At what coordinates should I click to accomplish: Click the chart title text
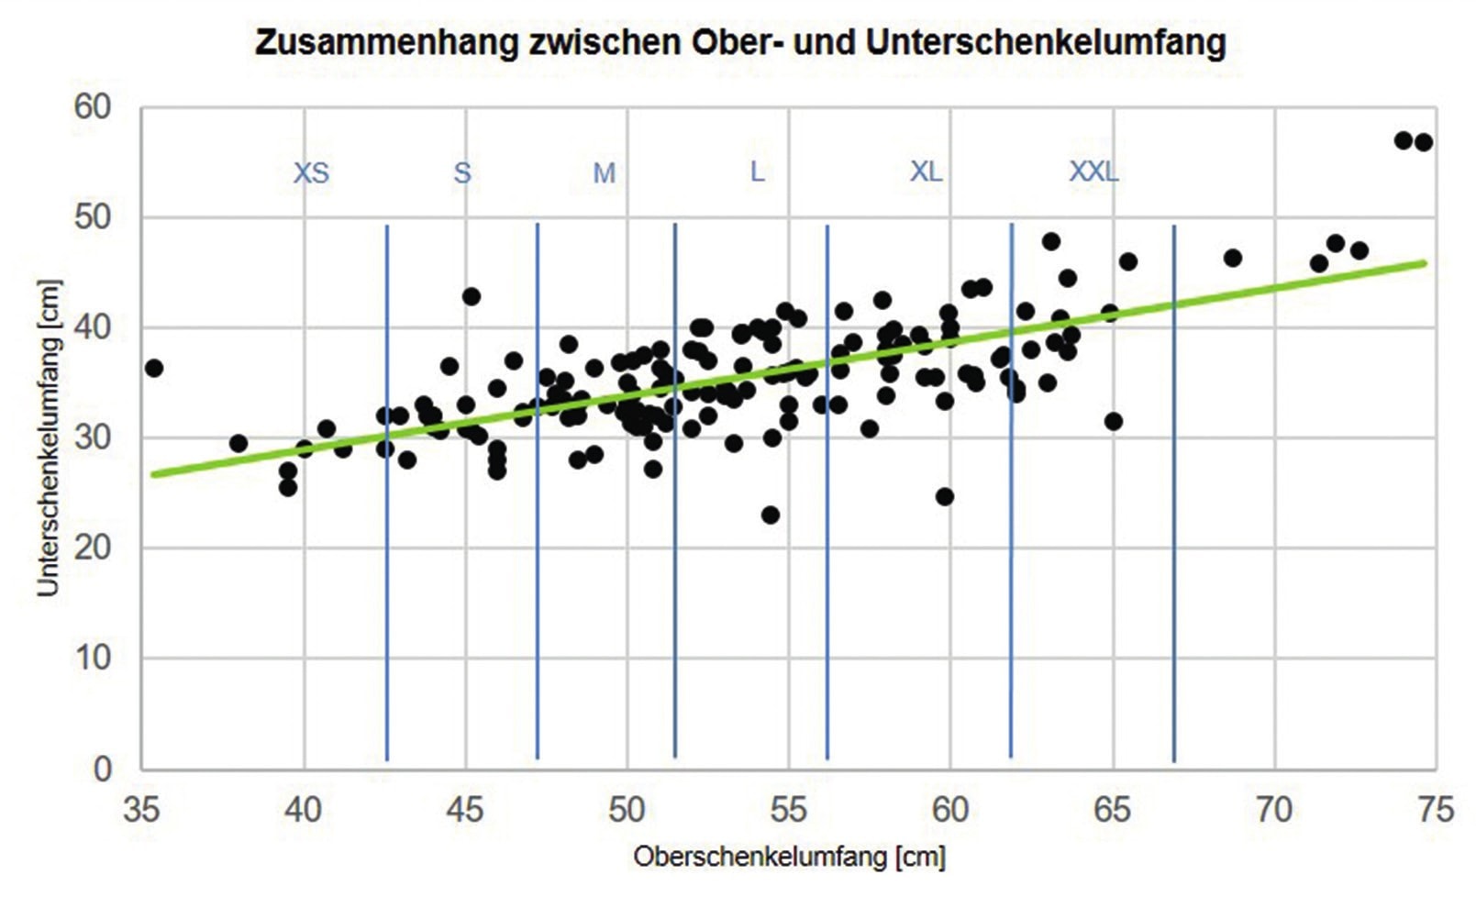[739, 43]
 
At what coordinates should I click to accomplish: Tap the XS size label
[311, 173]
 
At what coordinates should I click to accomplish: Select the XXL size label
[1093, 172]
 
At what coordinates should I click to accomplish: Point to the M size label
[604, 172]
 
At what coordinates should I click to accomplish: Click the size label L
[757, 172]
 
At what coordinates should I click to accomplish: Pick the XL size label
[926, 172]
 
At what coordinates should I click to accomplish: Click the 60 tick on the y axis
[93, 107]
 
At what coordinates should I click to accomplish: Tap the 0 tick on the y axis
[103, 769]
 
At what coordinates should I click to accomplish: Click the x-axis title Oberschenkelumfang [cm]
[789, 857]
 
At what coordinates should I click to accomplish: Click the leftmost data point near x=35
[154, 368]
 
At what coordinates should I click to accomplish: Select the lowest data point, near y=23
[771, 515]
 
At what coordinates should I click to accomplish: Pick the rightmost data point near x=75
[1424, 142]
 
